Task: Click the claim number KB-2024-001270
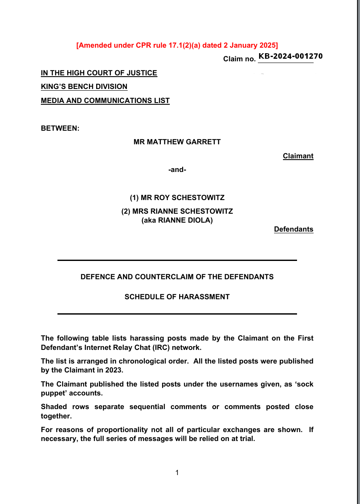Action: (290, 57)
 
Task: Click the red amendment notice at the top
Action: (177, 45)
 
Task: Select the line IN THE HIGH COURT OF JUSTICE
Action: (99, 73)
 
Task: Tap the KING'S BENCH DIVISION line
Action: (84, 87)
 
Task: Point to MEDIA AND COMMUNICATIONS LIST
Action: (105, 101)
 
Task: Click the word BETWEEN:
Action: (60, 128)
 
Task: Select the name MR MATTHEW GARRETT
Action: (177, 142)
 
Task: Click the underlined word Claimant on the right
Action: (298, 156)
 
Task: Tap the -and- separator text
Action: (177, 170)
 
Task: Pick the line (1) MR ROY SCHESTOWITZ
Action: (177, 198)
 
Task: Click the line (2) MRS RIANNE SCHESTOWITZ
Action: (177, 212)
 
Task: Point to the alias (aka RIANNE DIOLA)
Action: (177, 220)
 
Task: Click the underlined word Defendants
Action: (294, 229)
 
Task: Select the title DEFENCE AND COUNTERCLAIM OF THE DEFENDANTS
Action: (177, 277)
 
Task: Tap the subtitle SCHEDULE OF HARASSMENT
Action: (177, 297)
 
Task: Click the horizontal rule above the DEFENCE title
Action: (177, 260)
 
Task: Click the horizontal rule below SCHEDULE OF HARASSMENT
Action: (177, 314)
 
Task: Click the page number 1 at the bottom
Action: (177, 472)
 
